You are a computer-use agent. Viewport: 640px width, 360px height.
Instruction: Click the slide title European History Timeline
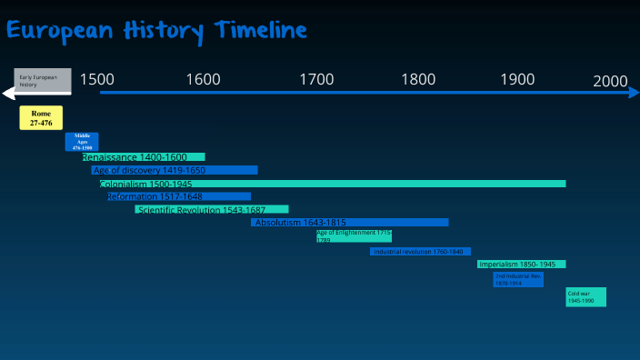tap(156, 30)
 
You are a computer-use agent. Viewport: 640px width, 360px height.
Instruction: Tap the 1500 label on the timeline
tap(97, 79)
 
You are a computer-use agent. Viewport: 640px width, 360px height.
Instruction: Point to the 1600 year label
tap(203, 79)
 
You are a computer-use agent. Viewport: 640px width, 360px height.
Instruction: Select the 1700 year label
tap(316, 79)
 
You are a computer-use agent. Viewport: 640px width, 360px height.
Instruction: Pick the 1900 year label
tap(517, 79)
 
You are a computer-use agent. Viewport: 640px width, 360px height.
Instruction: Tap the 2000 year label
tap(610, 81)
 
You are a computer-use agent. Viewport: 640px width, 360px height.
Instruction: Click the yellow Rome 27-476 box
tap(41, 117)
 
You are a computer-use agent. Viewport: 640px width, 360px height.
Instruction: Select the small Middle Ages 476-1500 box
tap(82, 141)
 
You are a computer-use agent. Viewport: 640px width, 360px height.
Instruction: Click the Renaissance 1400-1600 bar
tap(143, 157)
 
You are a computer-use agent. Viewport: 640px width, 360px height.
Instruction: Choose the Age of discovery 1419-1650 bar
tap(175, 170)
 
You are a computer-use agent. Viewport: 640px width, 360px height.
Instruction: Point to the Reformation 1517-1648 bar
tap(178, 196)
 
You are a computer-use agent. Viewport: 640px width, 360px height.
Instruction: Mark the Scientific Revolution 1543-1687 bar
tap(212, 210)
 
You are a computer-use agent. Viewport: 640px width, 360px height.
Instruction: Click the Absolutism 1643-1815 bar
tap(350, 223)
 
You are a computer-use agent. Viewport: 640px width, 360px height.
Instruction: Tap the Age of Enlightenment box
tap(354, 236)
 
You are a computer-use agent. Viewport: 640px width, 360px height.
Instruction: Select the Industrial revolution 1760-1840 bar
tap(420, 251)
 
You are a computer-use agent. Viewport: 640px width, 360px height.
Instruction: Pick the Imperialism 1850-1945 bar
tap(522, 265)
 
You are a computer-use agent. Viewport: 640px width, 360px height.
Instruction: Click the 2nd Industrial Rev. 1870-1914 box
tap(518, 279)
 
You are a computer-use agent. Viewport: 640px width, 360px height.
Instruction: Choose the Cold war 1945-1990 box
tap(585, 297)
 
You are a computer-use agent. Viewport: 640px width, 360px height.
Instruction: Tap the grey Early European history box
tap(43, 80)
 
